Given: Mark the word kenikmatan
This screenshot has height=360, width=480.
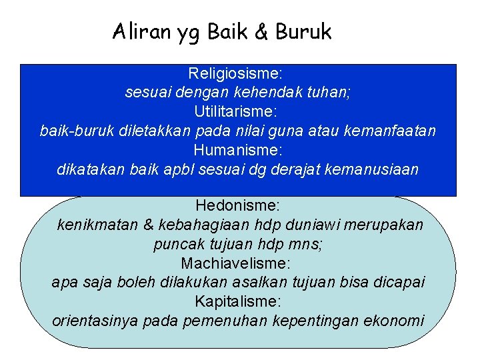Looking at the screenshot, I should pos(98,225).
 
